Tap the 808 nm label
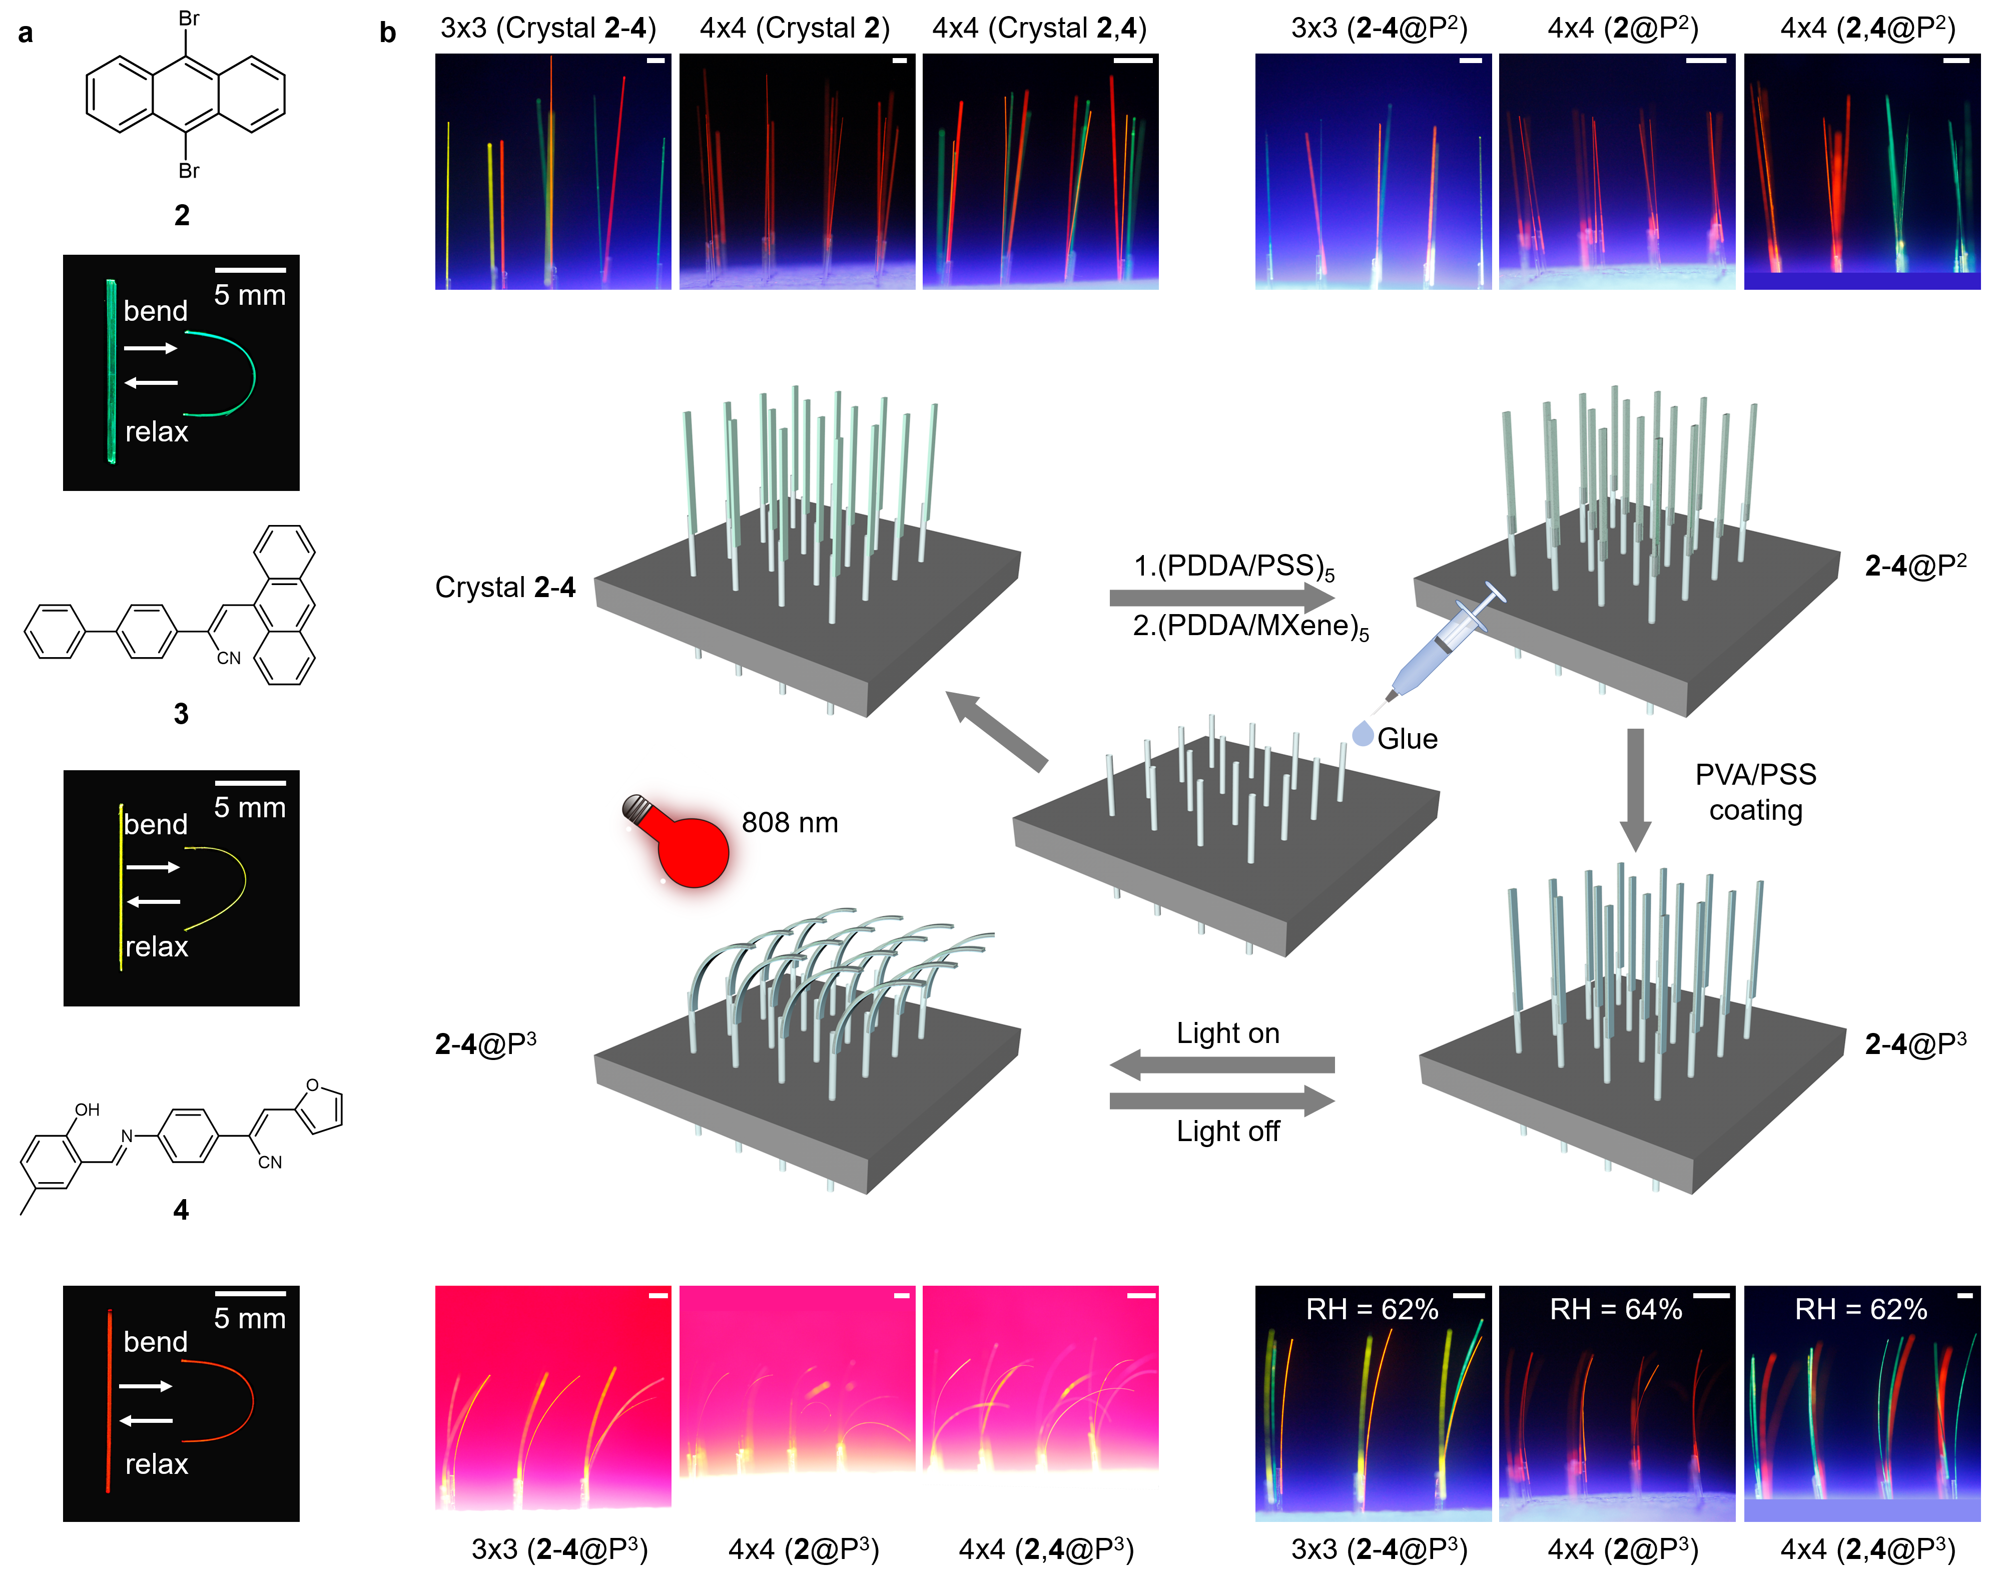(790, 823)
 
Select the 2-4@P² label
(1914, 565)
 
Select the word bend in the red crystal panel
(155, 1341)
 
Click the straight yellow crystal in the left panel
(121, 887)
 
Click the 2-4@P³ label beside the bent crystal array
(485, 1044)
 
